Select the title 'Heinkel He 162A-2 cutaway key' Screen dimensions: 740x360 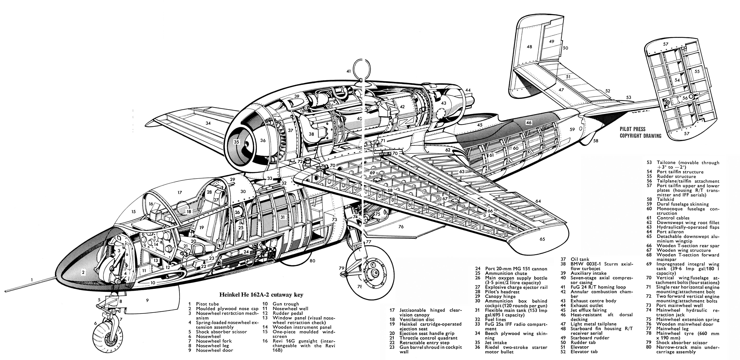coord(261,295)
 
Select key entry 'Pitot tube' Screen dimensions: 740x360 coord(207,304)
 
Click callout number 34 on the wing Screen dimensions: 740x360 coord(208,123)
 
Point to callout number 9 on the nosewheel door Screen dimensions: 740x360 coord(147,300)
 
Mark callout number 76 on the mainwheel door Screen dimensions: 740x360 coord(401,227)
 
